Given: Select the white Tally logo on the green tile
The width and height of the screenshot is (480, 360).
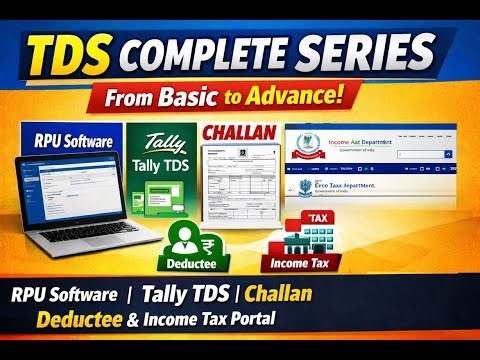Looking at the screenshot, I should pos(160,142).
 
